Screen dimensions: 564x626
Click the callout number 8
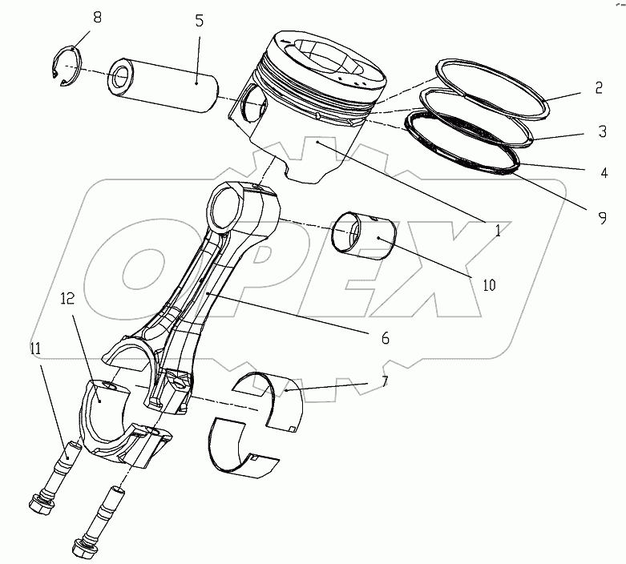pos(97,16)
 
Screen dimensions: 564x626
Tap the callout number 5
pos(200,22)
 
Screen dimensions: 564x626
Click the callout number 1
pos(497,231)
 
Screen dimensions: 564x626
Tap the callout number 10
pos(488,283)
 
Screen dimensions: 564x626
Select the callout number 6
pos(386,338)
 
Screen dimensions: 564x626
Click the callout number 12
pos(67,300)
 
